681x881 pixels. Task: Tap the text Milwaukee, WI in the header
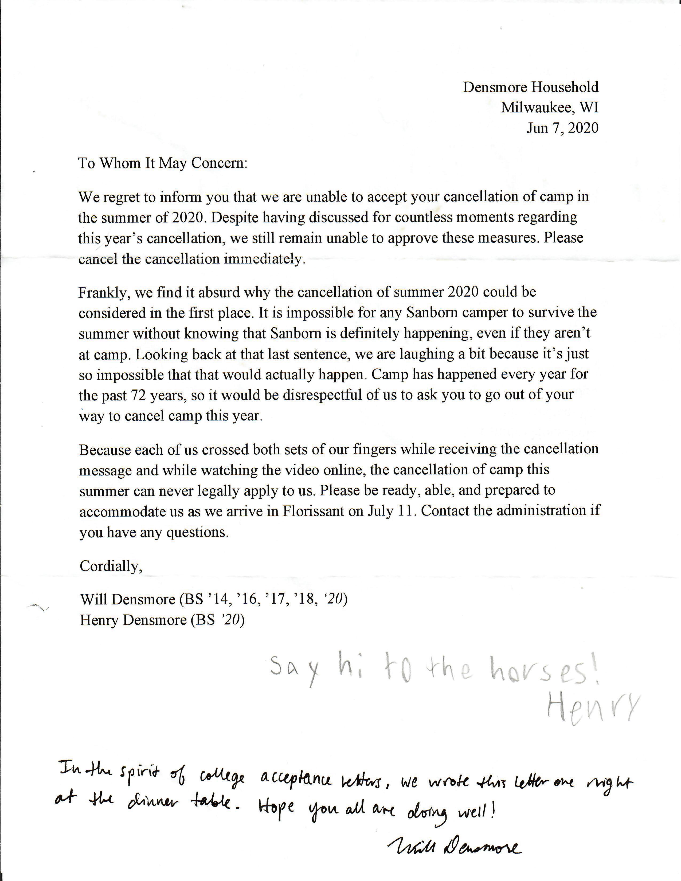(x=550, y=108)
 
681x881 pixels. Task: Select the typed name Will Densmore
(x=127, y=599)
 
